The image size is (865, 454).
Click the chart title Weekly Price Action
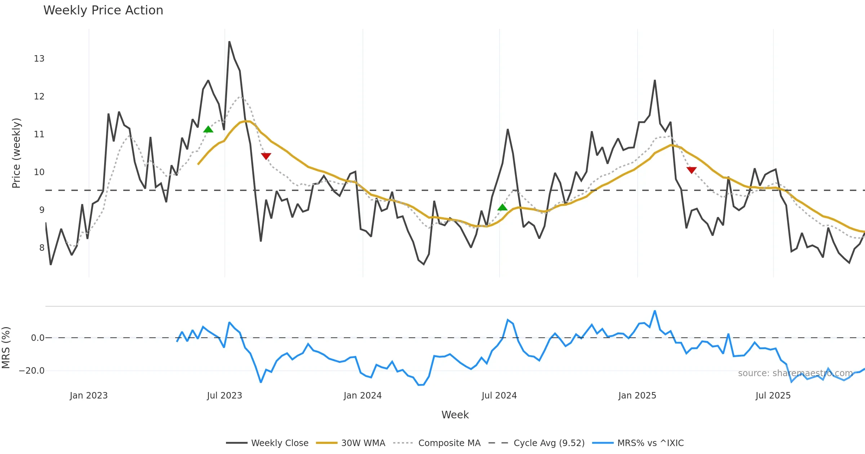tap(103, 10)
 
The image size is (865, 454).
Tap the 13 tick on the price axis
tap(39, 59)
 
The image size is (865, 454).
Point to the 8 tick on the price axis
tap(42, 248)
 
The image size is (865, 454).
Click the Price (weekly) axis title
tap(16, 153)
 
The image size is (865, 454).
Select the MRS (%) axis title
tap(6, 347)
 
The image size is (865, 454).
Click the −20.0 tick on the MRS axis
tap(32, 371)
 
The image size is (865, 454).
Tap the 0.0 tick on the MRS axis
tap(37, 338)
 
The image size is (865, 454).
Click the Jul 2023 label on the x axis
tap(224, 396)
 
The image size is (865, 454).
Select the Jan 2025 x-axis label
tap(637, 396)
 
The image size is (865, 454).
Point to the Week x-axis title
tap(455, 415)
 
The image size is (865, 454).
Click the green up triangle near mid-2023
tap(208, 129)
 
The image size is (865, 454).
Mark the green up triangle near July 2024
tap(502, 207)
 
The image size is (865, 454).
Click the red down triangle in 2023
tap(266, 156)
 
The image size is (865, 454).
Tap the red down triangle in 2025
tap(691, 170)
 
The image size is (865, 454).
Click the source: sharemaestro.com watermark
tap(795, 373)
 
